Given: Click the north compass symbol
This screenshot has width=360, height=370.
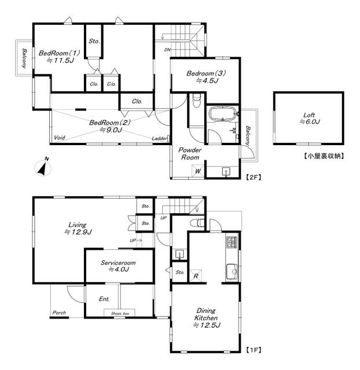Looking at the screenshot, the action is click(x=43, y=167).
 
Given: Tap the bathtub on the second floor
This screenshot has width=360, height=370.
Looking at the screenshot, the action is click(x=222, y=114).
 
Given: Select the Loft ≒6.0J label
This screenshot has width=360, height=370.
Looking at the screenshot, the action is click(x=310, y=119).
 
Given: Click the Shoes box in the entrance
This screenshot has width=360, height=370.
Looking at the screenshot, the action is click(x=120, y=313).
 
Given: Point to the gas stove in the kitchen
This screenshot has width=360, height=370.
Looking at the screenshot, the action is click(x=232, y=242).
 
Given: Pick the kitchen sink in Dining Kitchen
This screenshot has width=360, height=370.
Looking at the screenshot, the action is click(x=232, y=272).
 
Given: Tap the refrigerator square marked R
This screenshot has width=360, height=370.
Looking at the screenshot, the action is click(x=196, y=276).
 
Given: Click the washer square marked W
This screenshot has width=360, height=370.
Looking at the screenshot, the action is click(x=198, y=171).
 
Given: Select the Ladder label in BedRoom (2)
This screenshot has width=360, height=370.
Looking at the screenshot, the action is click(x=159, y=139).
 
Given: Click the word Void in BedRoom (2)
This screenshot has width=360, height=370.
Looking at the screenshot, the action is click(x=60, y=138).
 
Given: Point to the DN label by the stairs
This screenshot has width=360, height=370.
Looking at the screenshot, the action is click(x=167, y=50).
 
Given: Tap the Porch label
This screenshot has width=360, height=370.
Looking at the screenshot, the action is click(x=59, y=313).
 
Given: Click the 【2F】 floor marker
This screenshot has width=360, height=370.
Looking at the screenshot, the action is click(x=254, y=177).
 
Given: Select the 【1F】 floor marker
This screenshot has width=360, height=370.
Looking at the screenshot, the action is click(x=254, y=349).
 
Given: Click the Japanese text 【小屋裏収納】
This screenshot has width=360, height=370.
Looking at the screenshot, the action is click(x=324, y=156).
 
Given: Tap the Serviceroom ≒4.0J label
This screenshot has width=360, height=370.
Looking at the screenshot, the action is click(x=118, y=266).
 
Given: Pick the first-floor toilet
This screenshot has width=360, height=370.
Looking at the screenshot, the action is click(x=197, y=223).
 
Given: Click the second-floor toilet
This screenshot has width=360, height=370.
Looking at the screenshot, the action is click(x=197, y=101).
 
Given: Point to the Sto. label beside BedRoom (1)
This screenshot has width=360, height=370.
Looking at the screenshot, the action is click(x=94, y=41).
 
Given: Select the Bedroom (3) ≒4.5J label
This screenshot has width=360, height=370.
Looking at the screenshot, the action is click(x=206, y=77).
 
